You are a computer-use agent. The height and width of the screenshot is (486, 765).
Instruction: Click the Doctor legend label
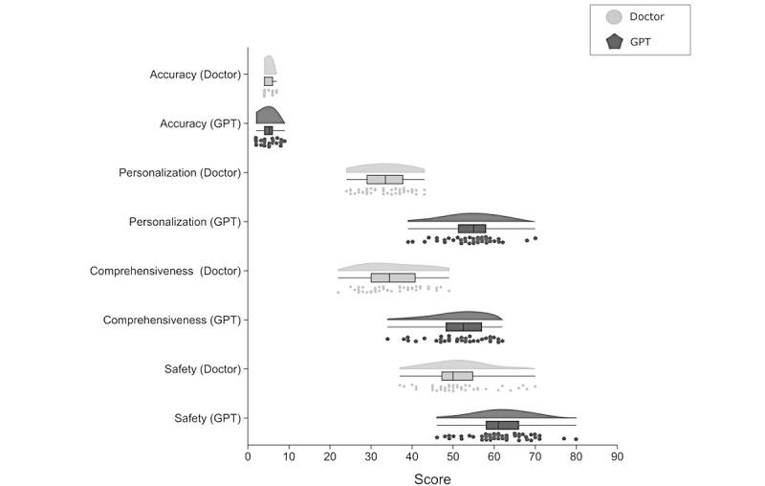(x=647, y=16)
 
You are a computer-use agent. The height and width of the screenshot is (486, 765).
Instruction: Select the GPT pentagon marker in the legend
(x=615, y=41)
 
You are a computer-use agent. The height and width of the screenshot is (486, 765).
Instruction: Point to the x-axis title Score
(x=432, y=478)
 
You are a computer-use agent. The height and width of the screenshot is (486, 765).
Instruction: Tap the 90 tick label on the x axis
(x=617, y=456)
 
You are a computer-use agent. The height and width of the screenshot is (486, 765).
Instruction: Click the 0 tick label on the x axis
(x=249, y=456)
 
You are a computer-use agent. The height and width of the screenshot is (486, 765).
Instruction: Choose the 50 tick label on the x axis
(x=453, y=456)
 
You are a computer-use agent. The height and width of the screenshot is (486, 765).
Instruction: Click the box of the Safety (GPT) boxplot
(x=502, y=425)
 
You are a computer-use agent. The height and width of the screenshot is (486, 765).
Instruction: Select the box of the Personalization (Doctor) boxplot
(x=384, y=179)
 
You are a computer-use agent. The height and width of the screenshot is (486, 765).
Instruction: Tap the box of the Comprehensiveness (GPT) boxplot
(x=464, y=326)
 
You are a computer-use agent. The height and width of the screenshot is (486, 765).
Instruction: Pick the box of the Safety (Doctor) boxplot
(x=457, y=376)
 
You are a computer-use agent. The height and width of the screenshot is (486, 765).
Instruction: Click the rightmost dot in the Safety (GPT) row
(x=576, y=439)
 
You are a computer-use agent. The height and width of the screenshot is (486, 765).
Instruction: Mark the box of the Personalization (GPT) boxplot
(x=471, y=229)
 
